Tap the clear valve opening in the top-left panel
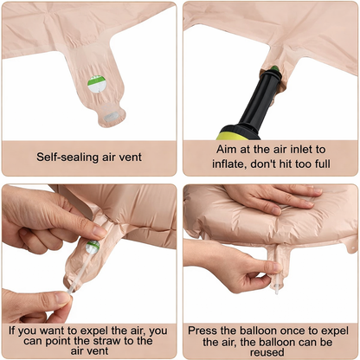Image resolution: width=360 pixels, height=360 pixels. point(111,117)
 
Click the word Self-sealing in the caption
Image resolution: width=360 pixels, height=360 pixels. point(67,157)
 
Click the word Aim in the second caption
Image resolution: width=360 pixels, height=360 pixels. point(225,150)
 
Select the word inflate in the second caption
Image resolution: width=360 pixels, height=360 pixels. point(229,164)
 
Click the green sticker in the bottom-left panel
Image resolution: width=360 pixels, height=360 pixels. point(93,247)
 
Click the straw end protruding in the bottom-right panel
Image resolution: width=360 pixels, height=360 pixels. point(277,289)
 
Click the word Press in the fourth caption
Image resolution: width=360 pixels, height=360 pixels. point(202,331)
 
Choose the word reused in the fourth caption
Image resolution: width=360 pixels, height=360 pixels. point(267,352)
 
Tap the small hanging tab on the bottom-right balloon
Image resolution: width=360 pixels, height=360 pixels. point(351,246)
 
